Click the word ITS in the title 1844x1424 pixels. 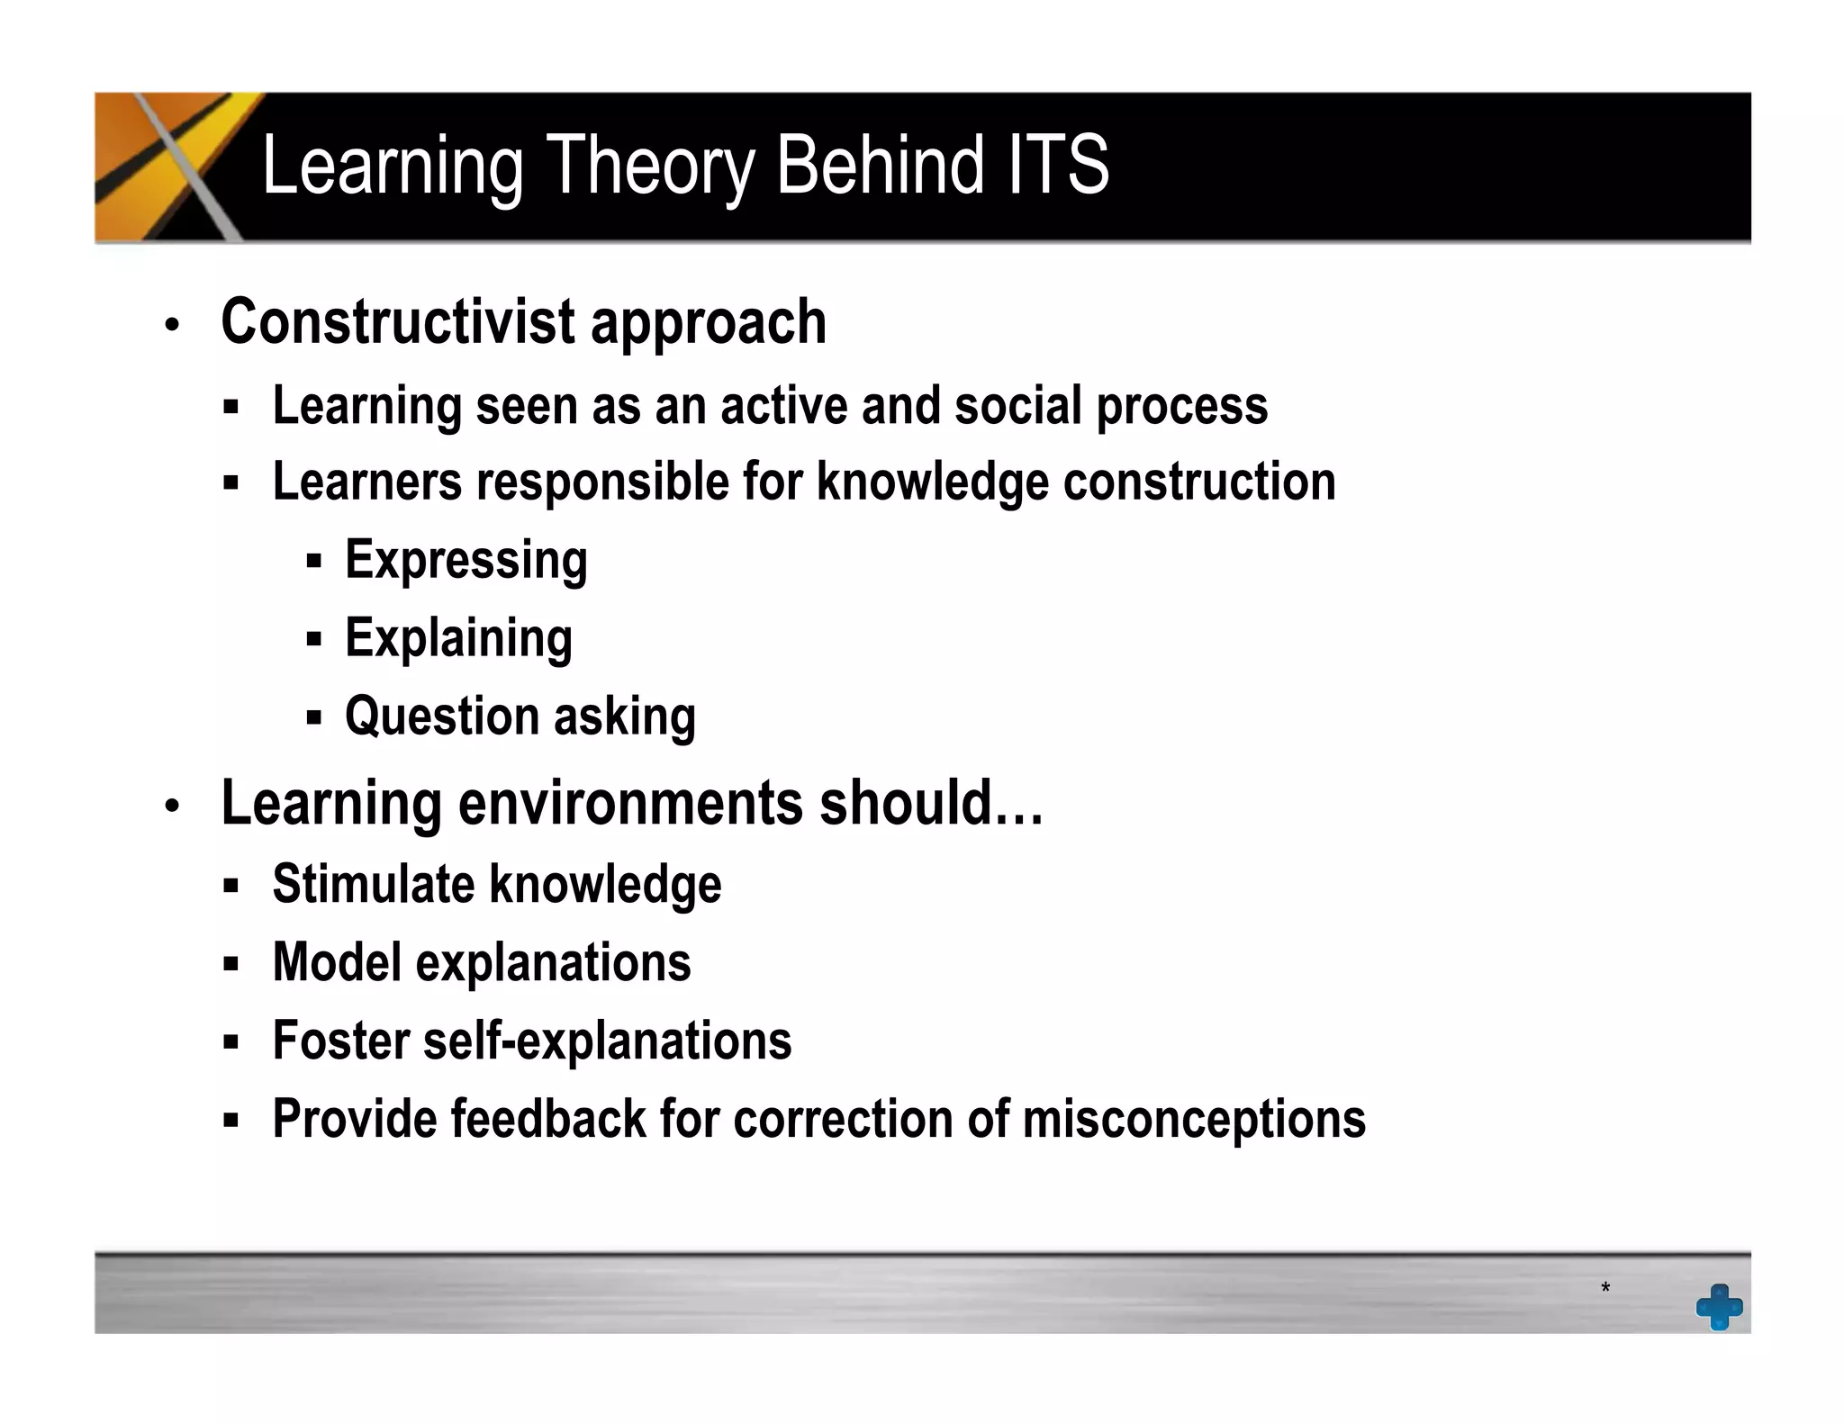point(1058,165)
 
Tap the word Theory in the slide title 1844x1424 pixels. point(650,167)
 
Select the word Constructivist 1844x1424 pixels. point(397,321)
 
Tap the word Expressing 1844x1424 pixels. point(466,561)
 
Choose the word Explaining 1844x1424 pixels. point(458,639)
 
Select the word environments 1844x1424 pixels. point(630,803)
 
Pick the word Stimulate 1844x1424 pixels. point(373,884)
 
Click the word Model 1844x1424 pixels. point(337,962)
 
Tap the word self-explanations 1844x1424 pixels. point(607,1041)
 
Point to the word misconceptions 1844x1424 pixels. point(1194,1120)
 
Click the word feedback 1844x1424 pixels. point(548,1120)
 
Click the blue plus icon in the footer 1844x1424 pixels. point(1719,1306)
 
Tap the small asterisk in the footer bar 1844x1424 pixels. point(1605,1288)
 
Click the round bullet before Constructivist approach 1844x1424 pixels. point(172,324)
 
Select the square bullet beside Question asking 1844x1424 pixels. point(313,718)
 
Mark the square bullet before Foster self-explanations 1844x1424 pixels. point(231,1042)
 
